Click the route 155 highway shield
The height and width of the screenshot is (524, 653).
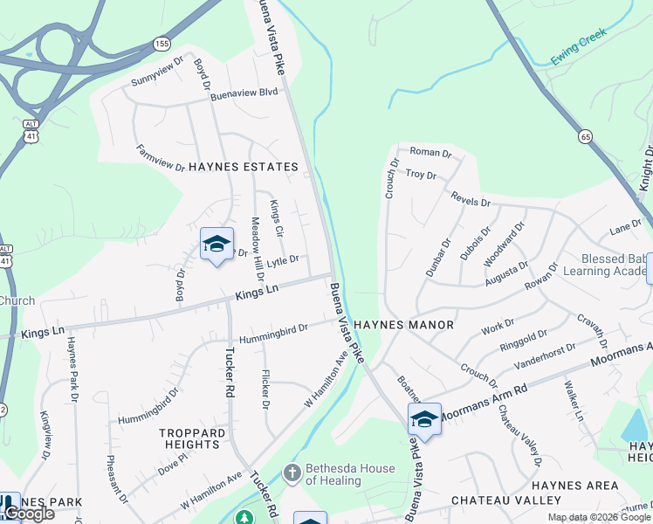click(162, 43)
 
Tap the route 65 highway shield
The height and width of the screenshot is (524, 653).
click(585, 135)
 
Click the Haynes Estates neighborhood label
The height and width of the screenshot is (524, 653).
click(244, 166)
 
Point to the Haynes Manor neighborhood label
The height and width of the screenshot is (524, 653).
click(403, 325)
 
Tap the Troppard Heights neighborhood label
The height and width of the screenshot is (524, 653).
click(189, 438)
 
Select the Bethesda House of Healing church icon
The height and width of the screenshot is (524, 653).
click(292, 474)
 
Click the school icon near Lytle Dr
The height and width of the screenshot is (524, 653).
click(216, 244)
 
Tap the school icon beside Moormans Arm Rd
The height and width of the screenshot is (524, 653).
click(424, 419)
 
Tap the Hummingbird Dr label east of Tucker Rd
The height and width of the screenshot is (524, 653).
click(274, 330)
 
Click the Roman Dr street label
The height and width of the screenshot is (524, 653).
click(430, 153)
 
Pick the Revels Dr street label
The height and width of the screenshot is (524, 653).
click(471, 200)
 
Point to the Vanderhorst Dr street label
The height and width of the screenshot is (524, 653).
click(545, 354)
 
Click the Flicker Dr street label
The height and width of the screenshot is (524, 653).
click(265, 390)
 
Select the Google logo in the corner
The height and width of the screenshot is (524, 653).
click(29, 514)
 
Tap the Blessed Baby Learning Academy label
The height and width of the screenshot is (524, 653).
click(616, 265)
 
